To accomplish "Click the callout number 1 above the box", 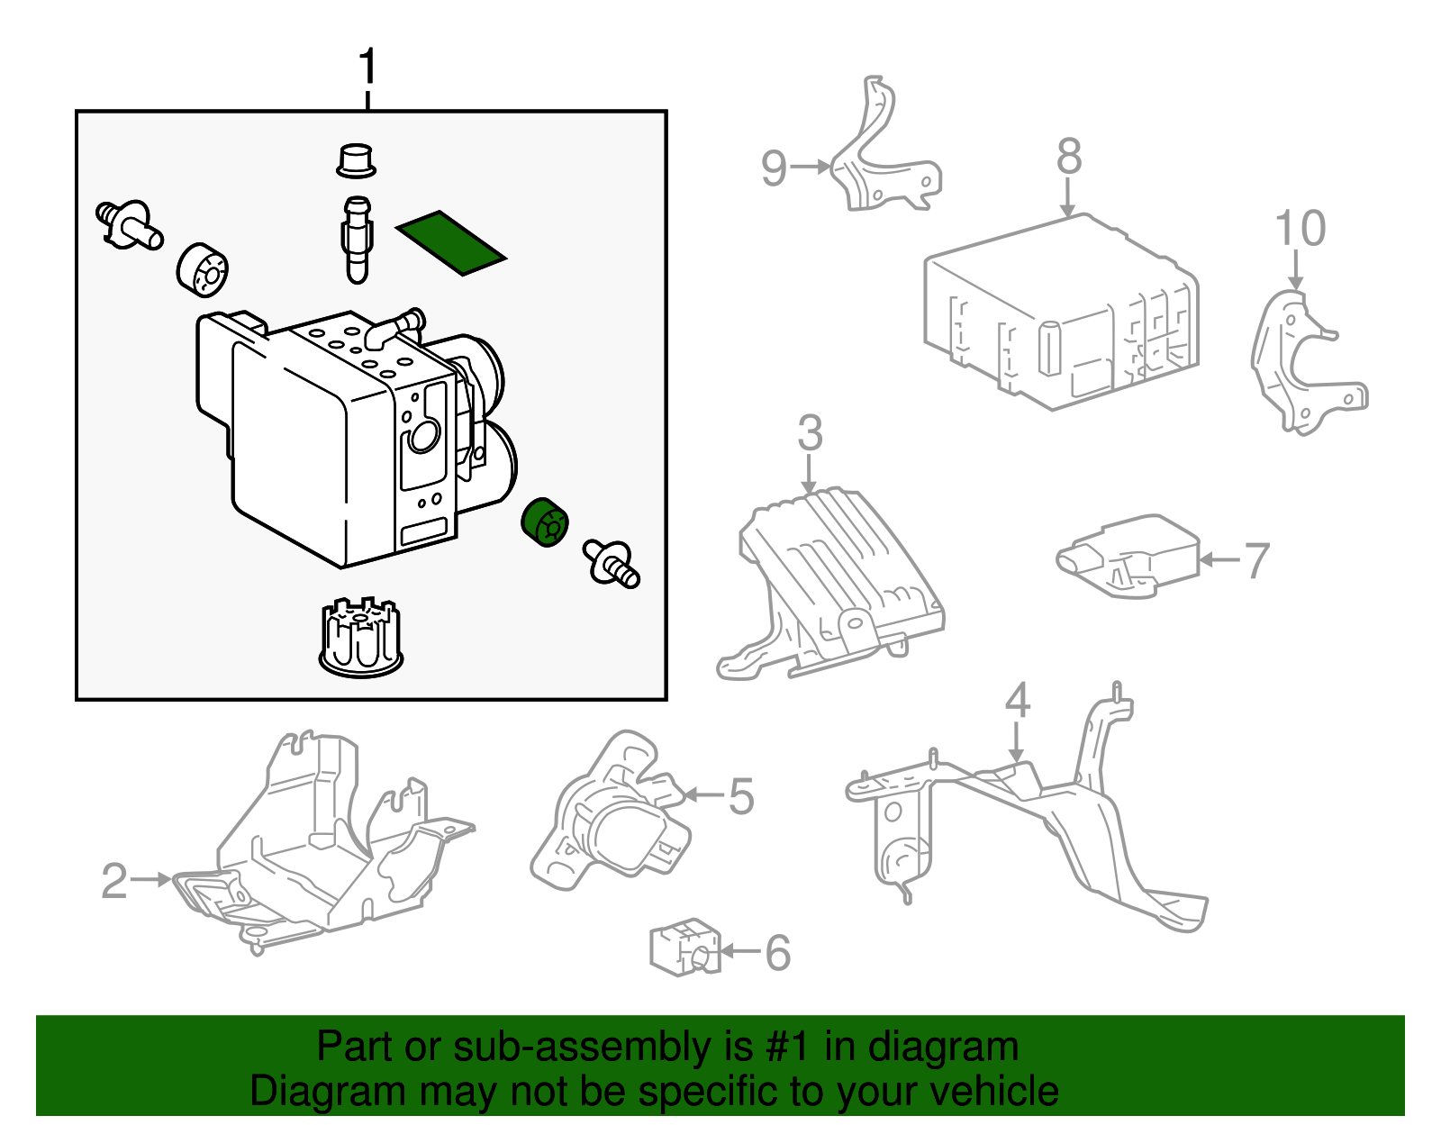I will [x=367, y=68].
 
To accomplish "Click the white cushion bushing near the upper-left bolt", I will [x=202, y=268].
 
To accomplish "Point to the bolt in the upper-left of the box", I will [x=129, y=224].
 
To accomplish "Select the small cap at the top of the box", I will [x=356, y=160].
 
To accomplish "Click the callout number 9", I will [x=774, y=168].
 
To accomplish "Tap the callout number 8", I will [x=1069, y=157].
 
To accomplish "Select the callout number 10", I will [x=1300, y=229].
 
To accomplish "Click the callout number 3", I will [x=810, y=433].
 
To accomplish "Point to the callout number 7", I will [x=1256, y=560].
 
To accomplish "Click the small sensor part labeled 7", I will [x=1128, y=555].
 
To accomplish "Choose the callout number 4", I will [x=1017, y=701].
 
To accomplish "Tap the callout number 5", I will [x=740, y=796].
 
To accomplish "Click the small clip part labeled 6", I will [x=684, y=947].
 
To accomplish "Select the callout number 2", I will [x=114, y=881].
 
